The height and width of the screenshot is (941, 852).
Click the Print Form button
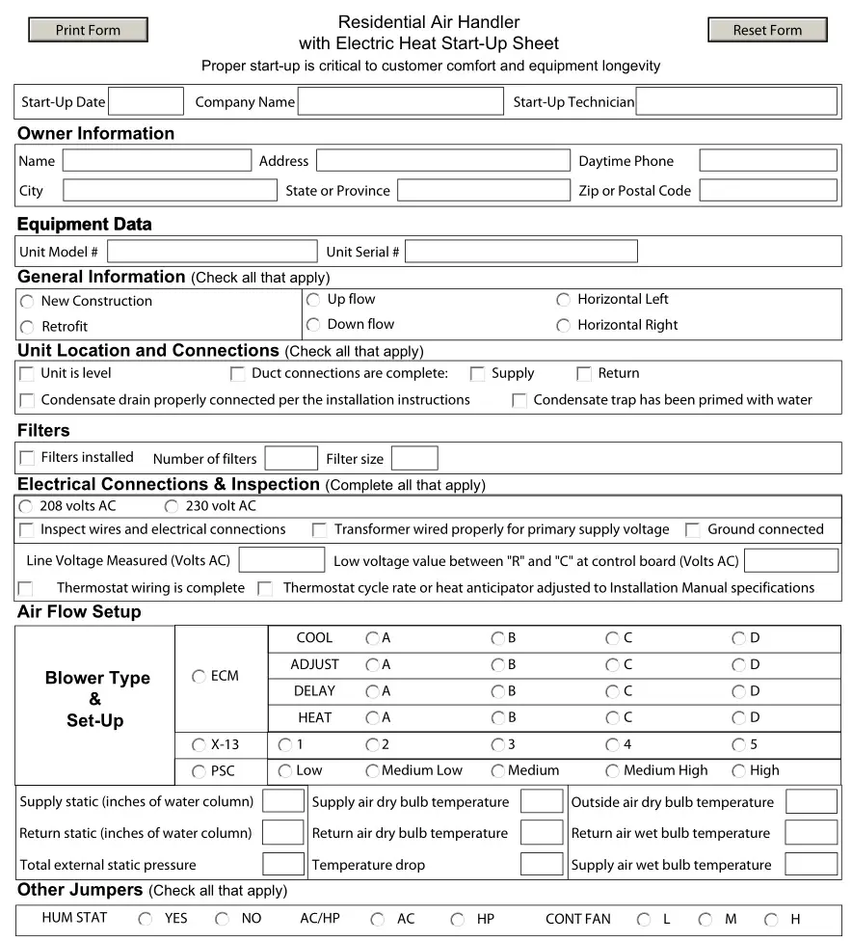tap(88, 30)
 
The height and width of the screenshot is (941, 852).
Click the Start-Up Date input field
tap(146, 101)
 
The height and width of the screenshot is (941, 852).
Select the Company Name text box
tap(400, 101)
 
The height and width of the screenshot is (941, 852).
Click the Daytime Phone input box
tap(767, 161)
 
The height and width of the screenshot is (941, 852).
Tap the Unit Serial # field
tap(520, 252)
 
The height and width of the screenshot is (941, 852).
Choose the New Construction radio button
tap(27, 302)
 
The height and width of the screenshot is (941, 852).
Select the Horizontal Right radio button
tap(563, 326)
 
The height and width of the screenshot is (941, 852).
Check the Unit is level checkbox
tap(27, 373)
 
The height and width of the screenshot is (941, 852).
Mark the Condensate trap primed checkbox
tap(519, 400)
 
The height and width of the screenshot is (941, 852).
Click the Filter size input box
tap(414, 458)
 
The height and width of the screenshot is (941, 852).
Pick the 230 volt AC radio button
tap(172, 506)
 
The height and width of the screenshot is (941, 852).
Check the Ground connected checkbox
tap(692, 529)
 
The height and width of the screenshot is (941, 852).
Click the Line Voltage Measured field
tap(281, 560)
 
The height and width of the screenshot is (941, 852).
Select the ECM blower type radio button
tap(199, 677)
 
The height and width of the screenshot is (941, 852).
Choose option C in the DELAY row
tap(612, 691)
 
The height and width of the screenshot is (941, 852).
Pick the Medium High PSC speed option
tap(612, 771)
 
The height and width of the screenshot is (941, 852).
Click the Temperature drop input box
tap(541, 864)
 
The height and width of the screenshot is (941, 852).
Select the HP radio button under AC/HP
tap(458, 920)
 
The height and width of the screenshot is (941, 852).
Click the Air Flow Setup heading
tap(79, 612)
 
